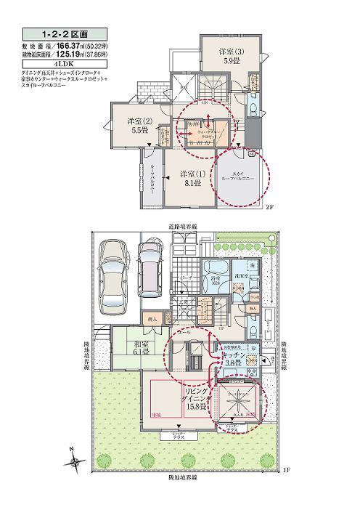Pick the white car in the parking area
(113, 272)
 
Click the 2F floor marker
(269, 207)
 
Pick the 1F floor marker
(284, 470)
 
